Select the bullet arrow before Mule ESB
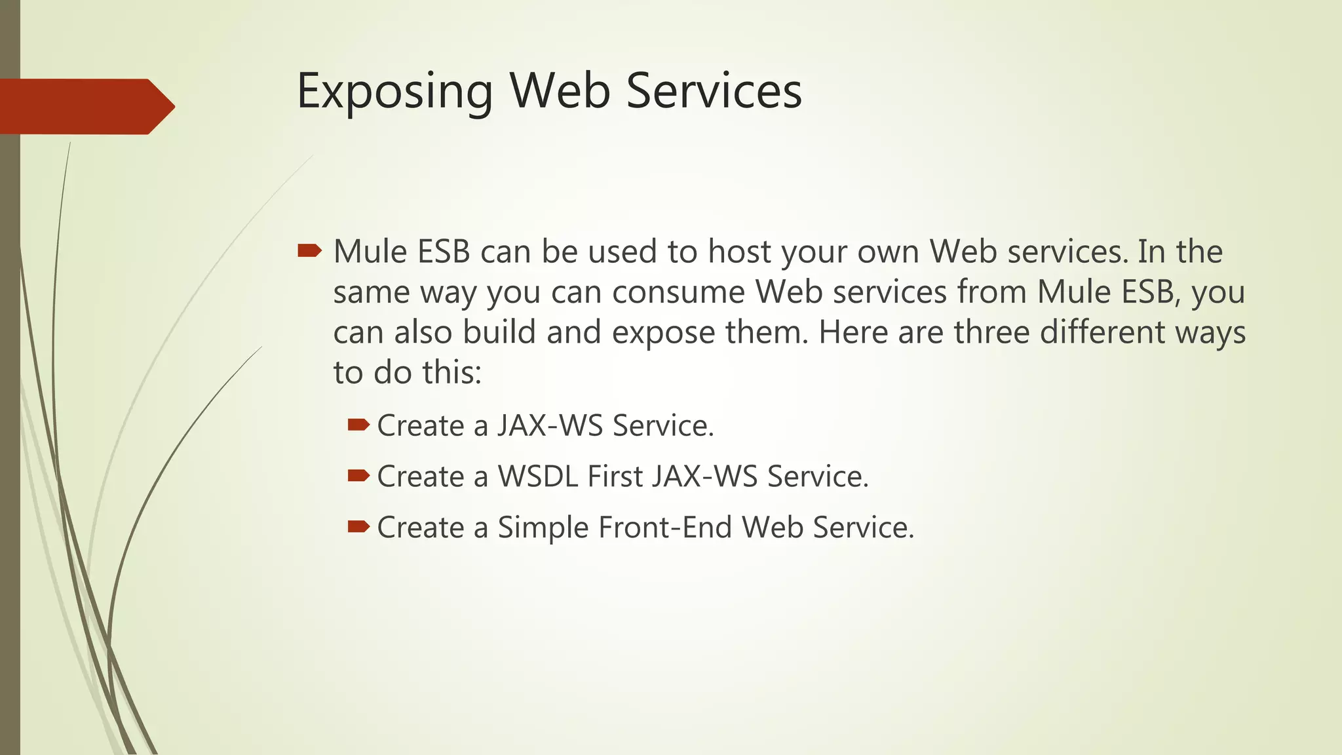click(309, 250)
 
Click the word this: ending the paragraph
click(452, 372)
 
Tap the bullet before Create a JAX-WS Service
click(358, 425)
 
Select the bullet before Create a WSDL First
click(358, 476)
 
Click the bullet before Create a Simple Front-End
click(358, 526)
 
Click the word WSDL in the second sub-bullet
click(538, 476)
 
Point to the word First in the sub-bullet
click(615, 476)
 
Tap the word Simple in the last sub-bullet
click(543, 528)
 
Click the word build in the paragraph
click(499, 332)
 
